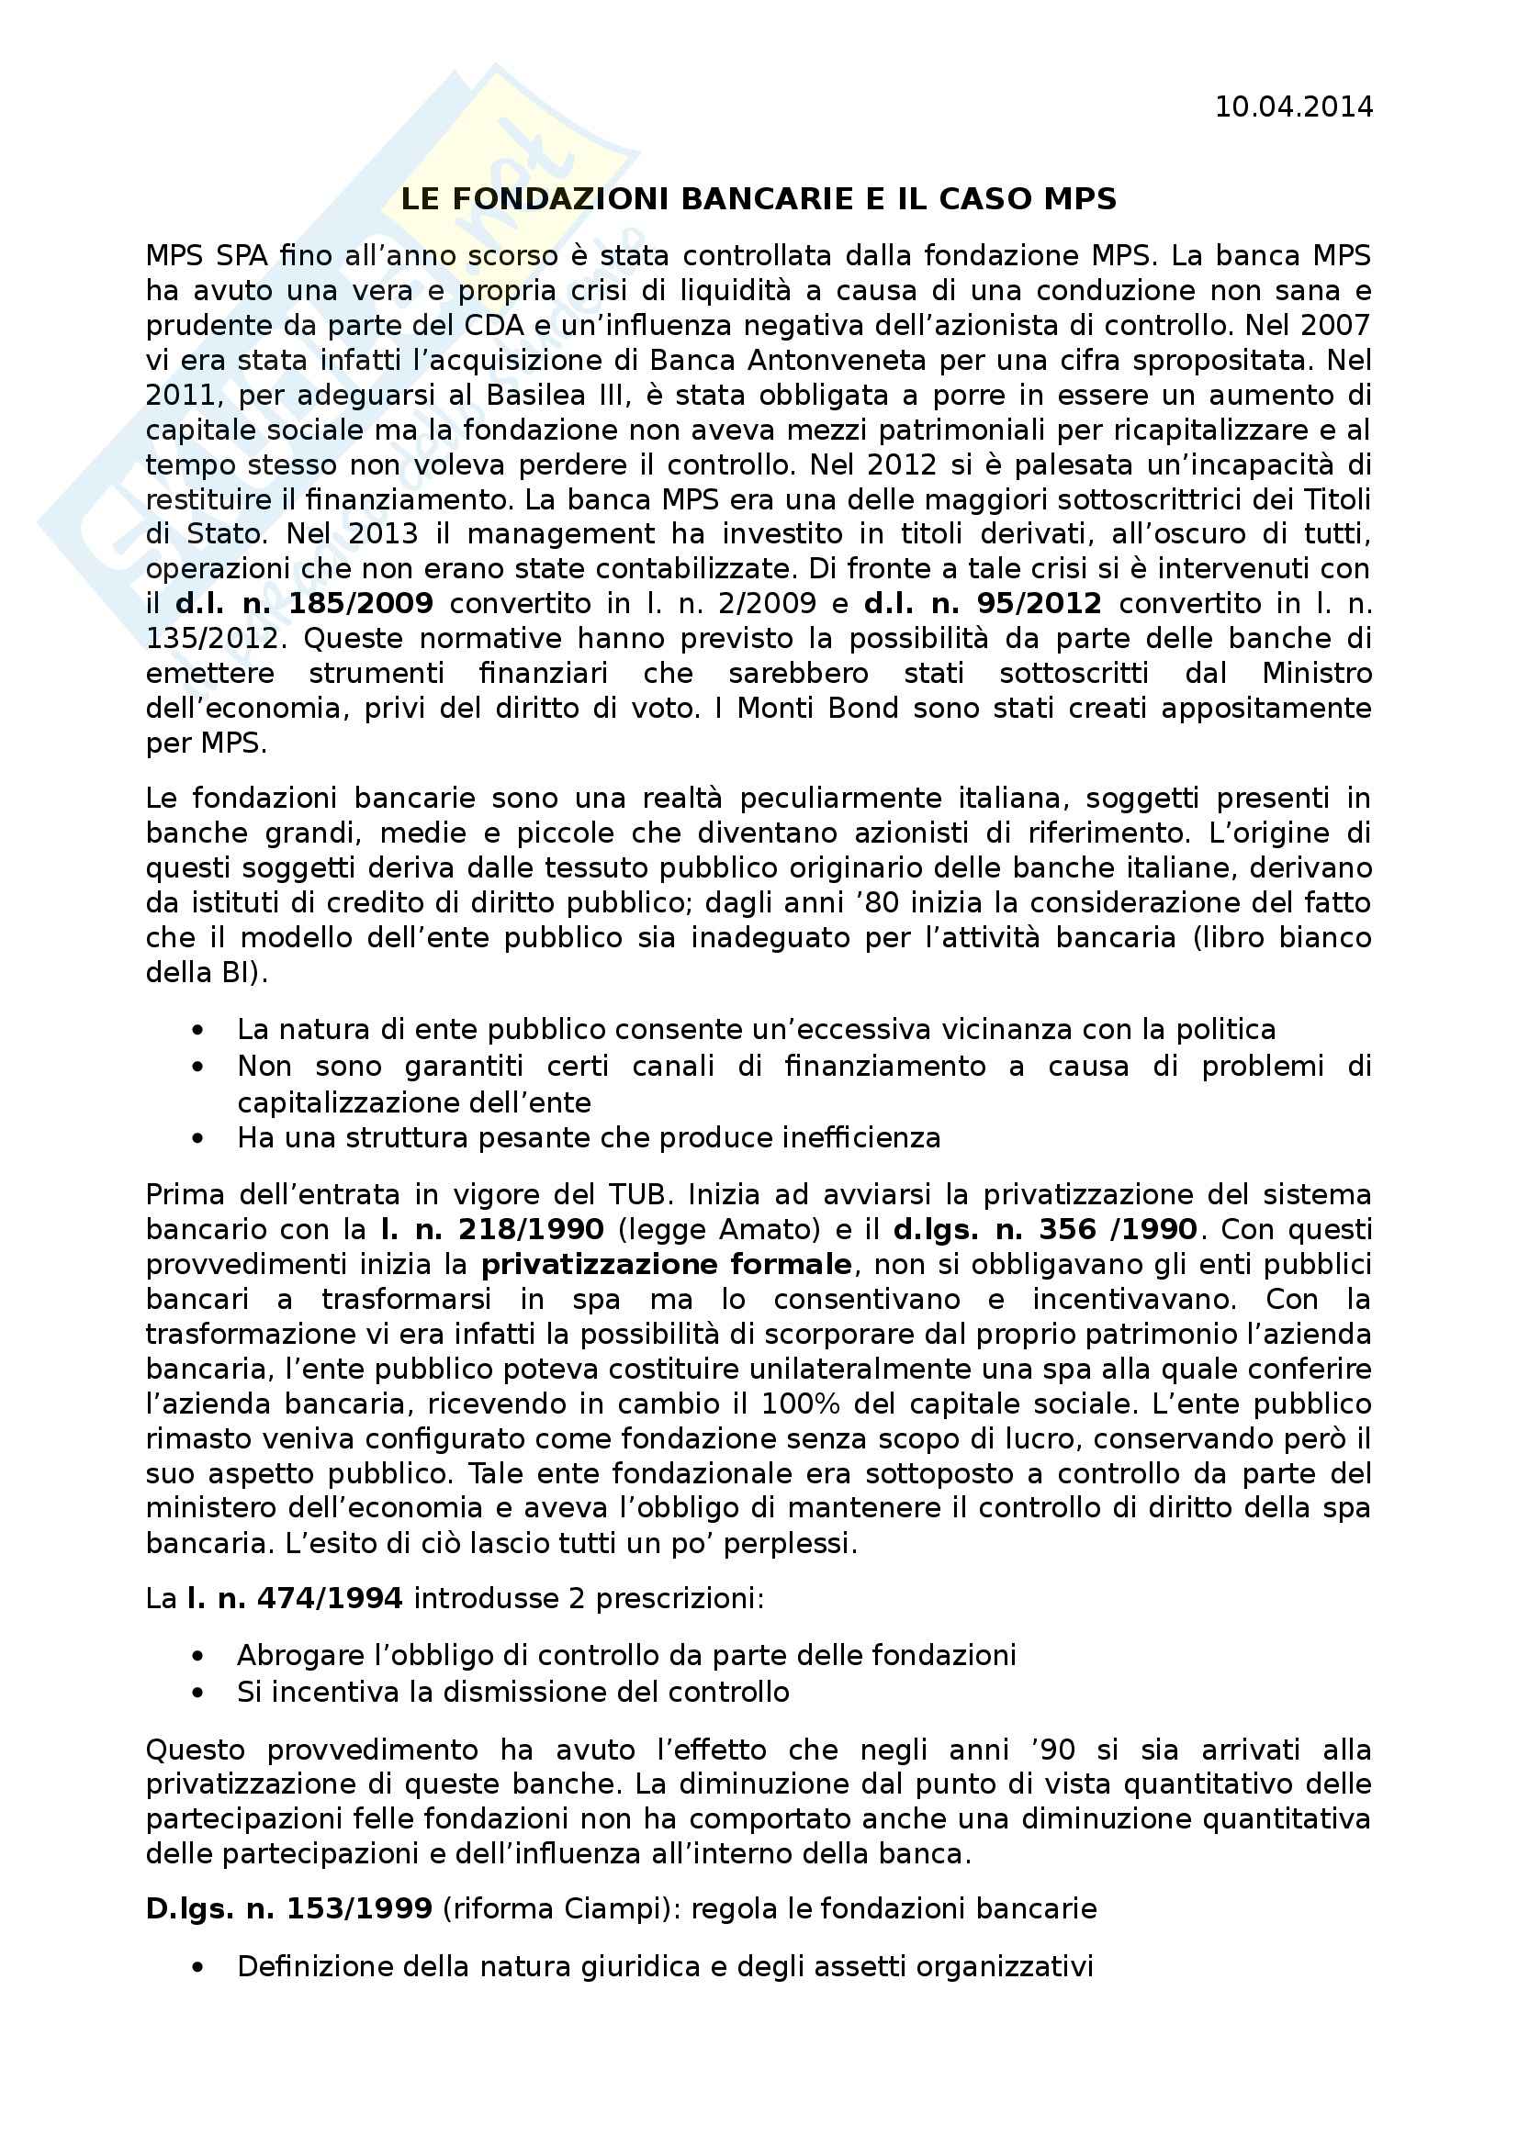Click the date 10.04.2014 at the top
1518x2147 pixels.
coord(1294,107)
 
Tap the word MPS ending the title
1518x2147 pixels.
coord(1080,199)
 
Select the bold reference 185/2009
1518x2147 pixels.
coord(361,604)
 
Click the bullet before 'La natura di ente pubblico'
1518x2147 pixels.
coord(197,1031)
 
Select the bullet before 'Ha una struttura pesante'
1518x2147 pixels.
coord(197,1138)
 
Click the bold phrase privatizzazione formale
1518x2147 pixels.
coord(666,1264)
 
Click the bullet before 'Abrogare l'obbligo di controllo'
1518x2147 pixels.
coord(197,1656)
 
